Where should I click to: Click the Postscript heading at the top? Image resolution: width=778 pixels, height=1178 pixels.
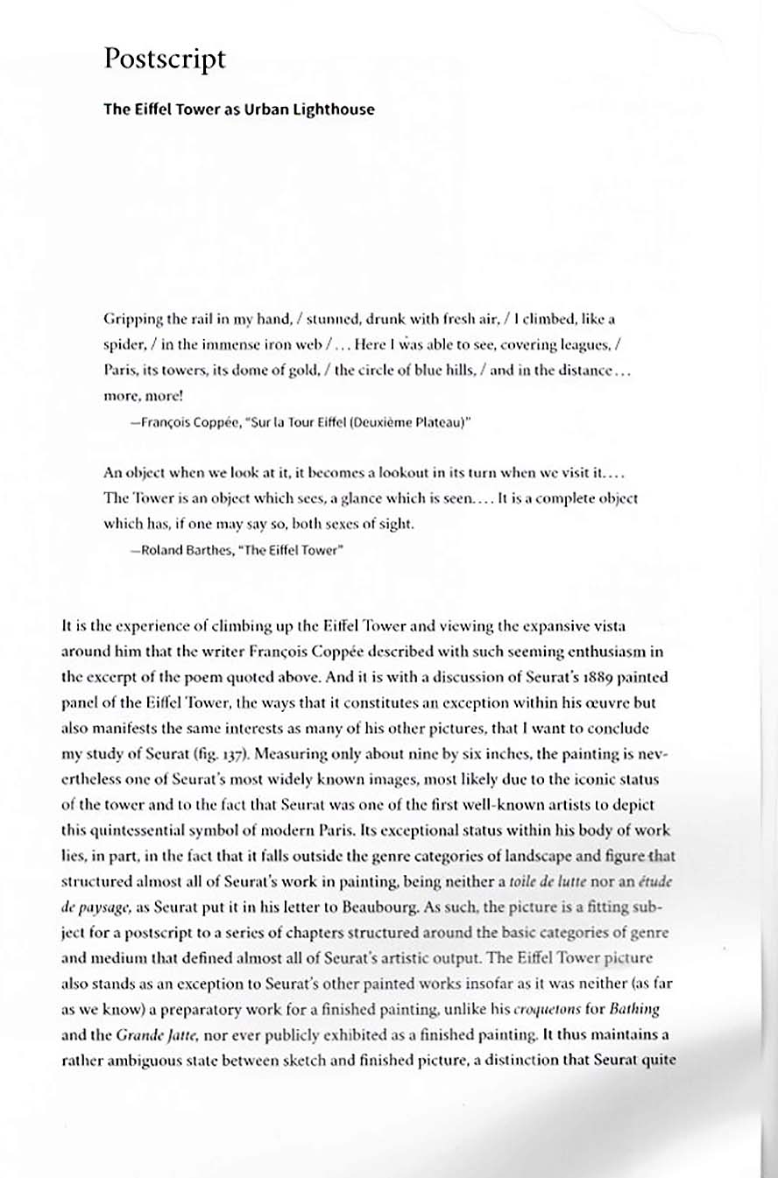coord(165,60)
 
